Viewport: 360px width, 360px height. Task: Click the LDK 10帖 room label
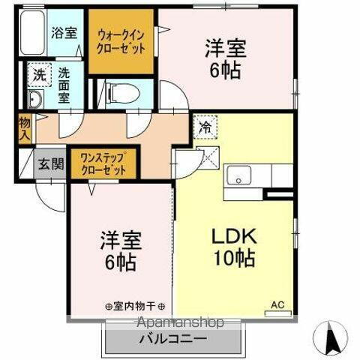coord(232,247)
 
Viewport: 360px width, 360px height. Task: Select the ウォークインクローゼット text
coord(121,41)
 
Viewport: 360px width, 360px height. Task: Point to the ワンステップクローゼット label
coord(104,163)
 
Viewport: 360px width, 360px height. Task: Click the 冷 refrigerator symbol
coord(204,127)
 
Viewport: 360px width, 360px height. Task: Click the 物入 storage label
coord(25,128)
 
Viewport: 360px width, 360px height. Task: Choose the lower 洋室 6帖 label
coord(121,250)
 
